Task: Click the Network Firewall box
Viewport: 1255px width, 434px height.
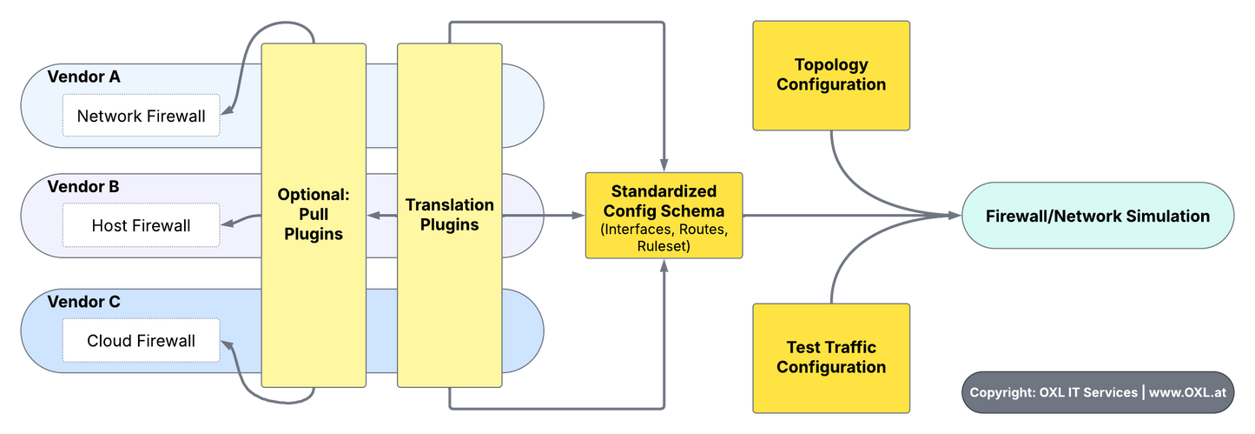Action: point(141,116)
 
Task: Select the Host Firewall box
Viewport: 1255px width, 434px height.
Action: point(141,225)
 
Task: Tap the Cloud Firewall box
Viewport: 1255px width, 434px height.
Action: point(141,341)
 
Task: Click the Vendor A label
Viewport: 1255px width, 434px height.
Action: point(84,77)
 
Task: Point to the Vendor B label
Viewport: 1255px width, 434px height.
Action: point(84,186)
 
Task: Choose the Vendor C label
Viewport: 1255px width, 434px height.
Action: point(84,302)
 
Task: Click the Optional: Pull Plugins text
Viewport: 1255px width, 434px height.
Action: point(314,214)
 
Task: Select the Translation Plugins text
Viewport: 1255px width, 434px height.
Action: point(449,214)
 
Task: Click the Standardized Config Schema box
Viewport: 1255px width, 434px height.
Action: point(664,215)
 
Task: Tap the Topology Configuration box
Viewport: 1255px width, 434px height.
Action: point(831,75)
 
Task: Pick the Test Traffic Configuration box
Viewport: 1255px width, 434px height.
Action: point(831,357)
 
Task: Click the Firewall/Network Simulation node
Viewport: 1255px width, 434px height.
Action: point(1097,216)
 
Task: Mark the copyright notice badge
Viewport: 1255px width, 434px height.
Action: point(1097,392)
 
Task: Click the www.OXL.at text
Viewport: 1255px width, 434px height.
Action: point(1187,392)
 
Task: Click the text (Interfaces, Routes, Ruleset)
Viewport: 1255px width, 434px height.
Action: point(664,237)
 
